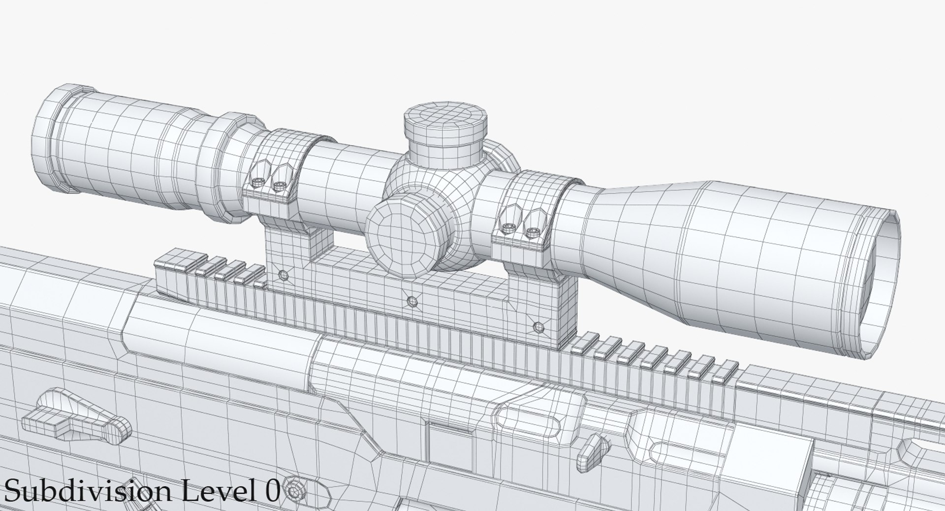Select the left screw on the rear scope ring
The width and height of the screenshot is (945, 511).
tap(258, 183)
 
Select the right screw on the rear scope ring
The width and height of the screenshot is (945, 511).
tap(279, 185)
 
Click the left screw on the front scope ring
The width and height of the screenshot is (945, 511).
tap(508, 227)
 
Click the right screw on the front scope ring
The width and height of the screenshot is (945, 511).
tap(531, 230)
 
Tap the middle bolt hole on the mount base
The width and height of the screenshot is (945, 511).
tap(412, 300)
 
